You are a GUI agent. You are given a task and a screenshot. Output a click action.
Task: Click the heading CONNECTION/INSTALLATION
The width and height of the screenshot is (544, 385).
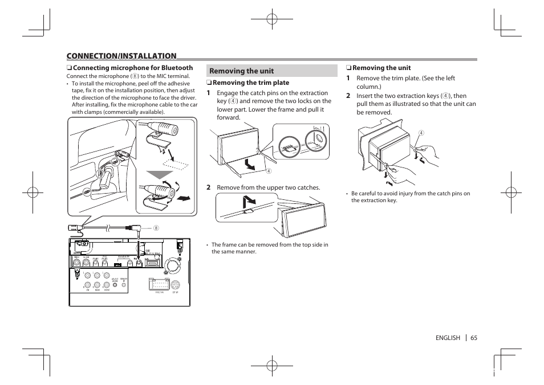click(121, 56)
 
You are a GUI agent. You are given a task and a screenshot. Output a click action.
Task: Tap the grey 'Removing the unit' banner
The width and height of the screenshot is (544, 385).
click(271, 71)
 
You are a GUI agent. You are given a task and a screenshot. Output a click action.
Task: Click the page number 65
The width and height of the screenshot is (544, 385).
click(473, 338)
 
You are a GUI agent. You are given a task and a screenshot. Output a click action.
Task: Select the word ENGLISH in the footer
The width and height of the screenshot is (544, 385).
click(448, 338)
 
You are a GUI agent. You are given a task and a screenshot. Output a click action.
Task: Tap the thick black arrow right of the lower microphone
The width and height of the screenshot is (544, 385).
click(183, 199)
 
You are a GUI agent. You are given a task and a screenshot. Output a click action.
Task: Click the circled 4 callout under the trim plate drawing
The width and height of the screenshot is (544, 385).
click(267, 171)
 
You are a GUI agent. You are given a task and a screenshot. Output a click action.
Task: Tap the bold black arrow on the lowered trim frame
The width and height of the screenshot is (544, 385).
click(250, 165)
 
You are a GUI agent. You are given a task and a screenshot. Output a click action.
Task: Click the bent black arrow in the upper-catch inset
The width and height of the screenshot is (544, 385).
click(249, 202)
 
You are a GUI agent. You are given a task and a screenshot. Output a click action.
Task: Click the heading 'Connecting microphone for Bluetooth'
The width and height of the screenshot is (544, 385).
click(133, 68)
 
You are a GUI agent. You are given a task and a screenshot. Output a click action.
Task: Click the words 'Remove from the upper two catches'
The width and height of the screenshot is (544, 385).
click(269, 187)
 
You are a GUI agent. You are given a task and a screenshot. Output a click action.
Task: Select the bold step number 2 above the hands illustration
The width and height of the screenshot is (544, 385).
click(348, 96)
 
